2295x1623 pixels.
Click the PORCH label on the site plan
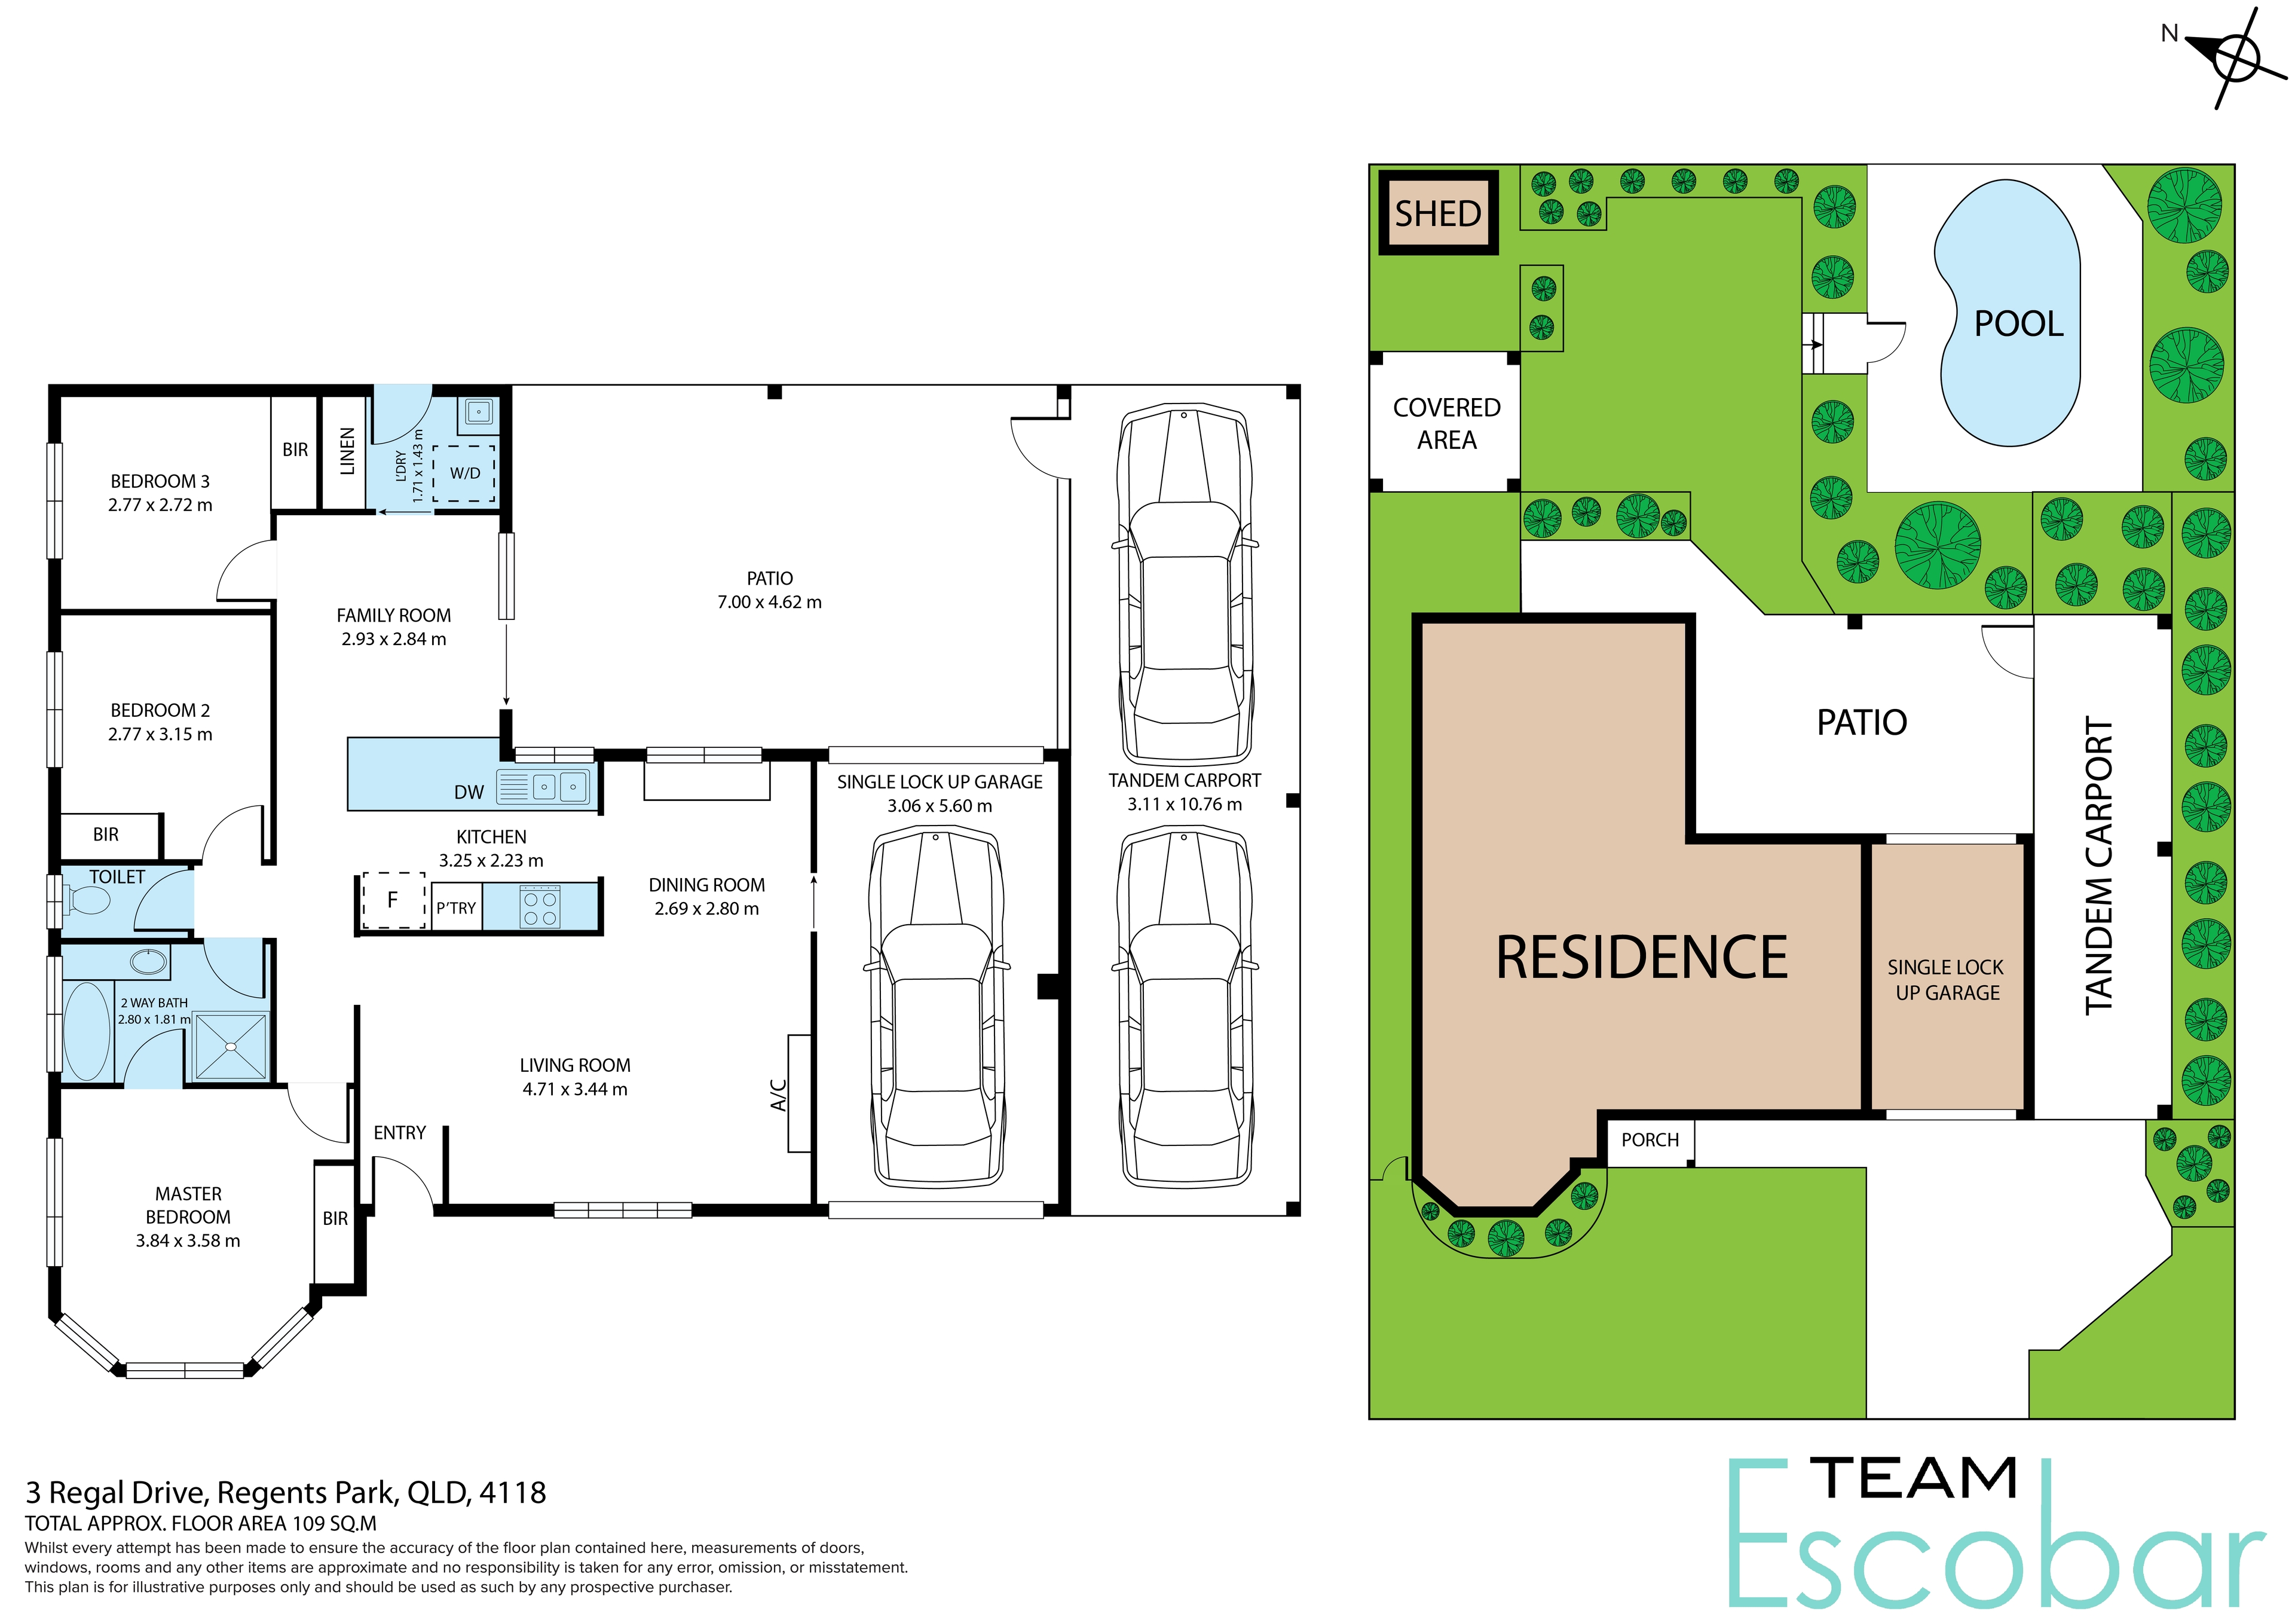click(x=1650, y=1140)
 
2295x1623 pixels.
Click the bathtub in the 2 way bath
click(x=88, y=1032)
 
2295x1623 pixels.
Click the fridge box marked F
click(x=393, y=900)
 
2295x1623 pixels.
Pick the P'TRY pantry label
click(x=456, y=908)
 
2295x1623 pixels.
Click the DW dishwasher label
click(x=469, y=792)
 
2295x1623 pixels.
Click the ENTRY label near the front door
click(x=400, y=1133)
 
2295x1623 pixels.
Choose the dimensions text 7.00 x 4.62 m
click(x=770, y=602)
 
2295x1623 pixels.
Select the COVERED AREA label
click(x=1446, y=424)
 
